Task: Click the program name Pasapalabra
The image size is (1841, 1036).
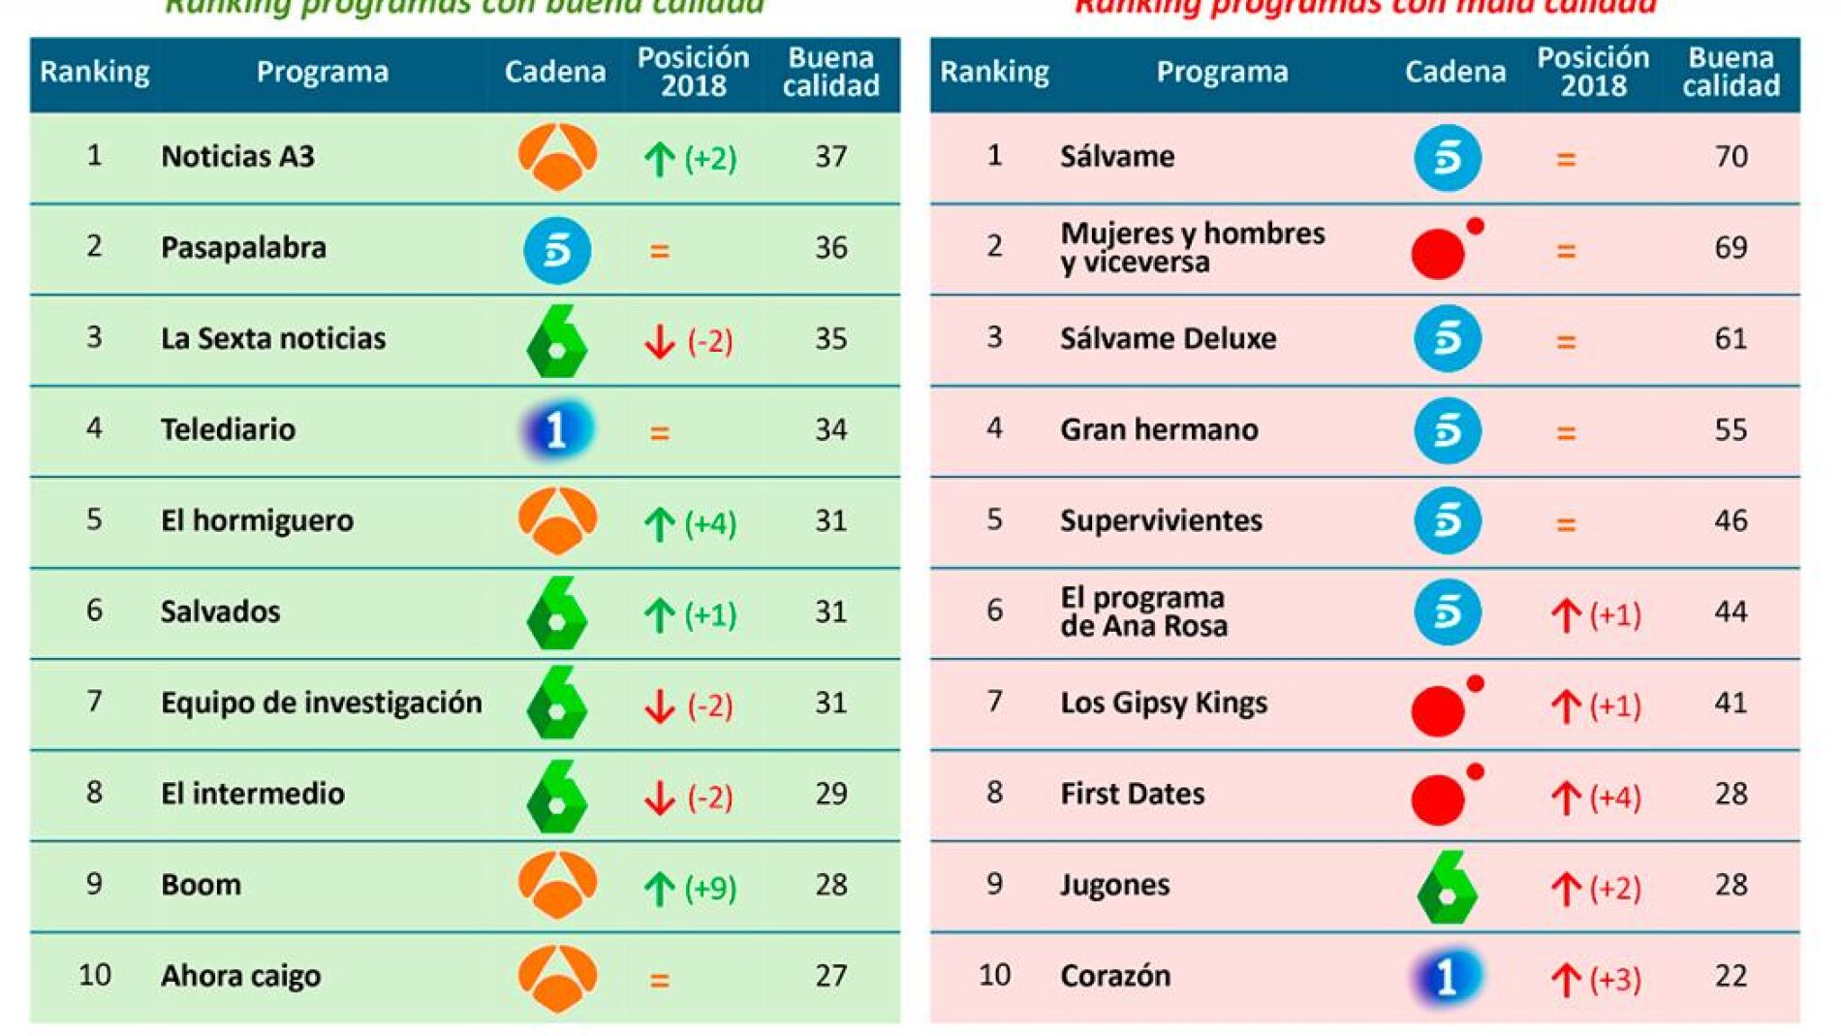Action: (x=243, y=248)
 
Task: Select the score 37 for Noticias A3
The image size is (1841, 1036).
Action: (x=830, y=157)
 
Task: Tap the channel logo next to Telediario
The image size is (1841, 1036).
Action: (x=556, y=429)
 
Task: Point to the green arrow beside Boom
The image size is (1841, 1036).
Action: (x=660, y=888)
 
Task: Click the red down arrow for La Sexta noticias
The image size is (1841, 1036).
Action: (x=660, y=341)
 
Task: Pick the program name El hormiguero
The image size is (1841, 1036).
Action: (x=257, y=521)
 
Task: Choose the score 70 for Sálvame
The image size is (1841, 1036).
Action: (x=1731, y=157)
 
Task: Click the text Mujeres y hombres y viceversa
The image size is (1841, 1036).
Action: (x=1192, y=248)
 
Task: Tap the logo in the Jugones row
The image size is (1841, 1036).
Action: (x=1447, y=887)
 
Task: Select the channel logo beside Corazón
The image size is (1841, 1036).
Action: (x=1447, y=977)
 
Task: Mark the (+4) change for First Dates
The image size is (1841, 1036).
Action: (x=1614, y=798)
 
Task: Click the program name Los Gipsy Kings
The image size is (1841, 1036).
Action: (x=1164, y=703)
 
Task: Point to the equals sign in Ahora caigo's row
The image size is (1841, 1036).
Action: (x=660, y=980)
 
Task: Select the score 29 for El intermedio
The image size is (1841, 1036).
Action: (x=830, y=794)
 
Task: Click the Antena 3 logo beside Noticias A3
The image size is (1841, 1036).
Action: (x=557, y=157)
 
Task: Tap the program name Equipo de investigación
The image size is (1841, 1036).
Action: (x=321, y=703)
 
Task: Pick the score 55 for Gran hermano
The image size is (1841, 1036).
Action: (x=1731, y=429)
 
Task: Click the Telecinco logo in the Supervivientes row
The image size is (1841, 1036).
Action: (x=1447, y=521)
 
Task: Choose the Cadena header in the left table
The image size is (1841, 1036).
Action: (x=554, y=72)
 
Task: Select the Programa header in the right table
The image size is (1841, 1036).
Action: (x=1222, y=72)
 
